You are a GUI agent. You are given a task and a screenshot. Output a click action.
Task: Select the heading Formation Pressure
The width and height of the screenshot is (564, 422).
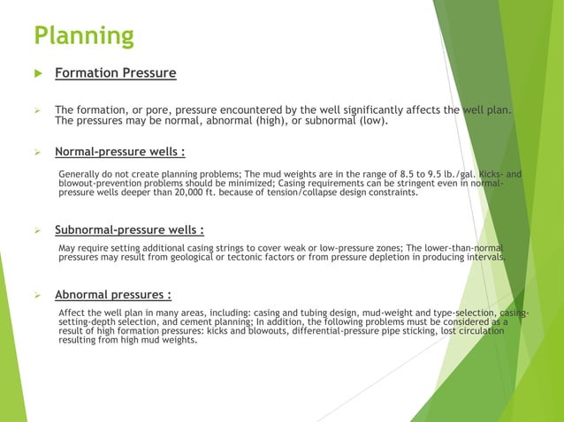click(116, 73)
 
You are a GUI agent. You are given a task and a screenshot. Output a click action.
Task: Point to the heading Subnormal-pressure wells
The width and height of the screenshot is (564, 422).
click(130, 231)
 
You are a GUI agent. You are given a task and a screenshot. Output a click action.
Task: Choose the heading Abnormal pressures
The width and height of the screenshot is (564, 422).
click(113, 295)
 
